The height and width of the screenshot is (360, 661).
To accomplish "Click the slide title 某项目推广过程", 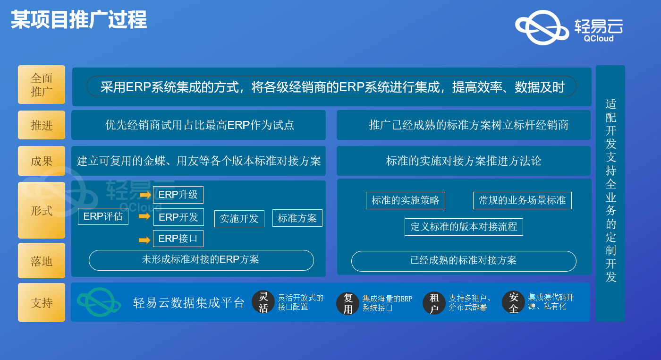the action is [79, 20].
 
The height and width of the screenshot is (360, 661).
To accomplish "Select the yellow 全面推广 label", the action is [42, 85].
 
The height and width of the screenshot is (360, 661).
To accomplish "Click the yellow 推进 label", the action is [42, 125].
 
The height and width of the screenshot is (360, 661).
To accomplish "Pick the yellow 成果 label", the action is [42, 161].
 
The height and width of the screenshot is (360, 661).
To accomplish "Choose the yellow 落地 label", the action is [42, 261].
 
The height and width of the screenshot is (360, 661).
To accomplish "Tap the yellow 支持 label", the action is [42, 302].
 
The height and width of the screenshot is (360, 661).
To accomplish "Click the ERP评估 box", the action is [103, 216].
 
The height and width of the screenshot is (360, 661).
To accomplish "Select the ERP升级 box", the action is [178, 195].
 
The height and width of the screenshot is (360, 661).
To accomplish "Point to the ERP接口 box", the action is [178, 238].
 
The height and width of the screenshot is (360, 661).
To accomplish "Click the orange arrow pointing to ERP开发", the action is [144, 216].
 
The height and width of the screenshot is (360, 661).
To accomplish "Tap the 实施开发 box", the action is [239, 219].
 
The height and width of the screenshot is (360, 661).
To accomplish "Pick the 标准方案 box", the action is [297, 218].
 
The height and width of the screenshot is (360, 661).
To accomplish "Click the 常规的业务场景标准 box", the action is [522, 200].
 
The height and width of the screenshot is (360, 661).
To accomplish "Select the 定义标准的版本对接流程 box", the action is [464, 227].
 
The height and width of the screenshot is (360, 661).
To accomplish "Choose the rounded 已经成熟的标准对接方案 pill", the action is [464, 261].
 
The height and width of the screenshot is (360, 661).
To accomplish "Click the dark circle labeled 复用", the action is [348, 303].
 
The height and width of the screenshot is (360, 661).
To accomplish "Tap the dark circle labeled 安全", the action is [514, 302].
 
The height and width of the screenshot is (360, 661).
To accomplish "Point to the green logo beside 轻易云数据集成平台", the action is [99, 302].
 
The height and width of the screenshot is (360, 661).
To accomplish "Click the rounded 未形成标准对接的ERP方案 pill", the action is [201, 260].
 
